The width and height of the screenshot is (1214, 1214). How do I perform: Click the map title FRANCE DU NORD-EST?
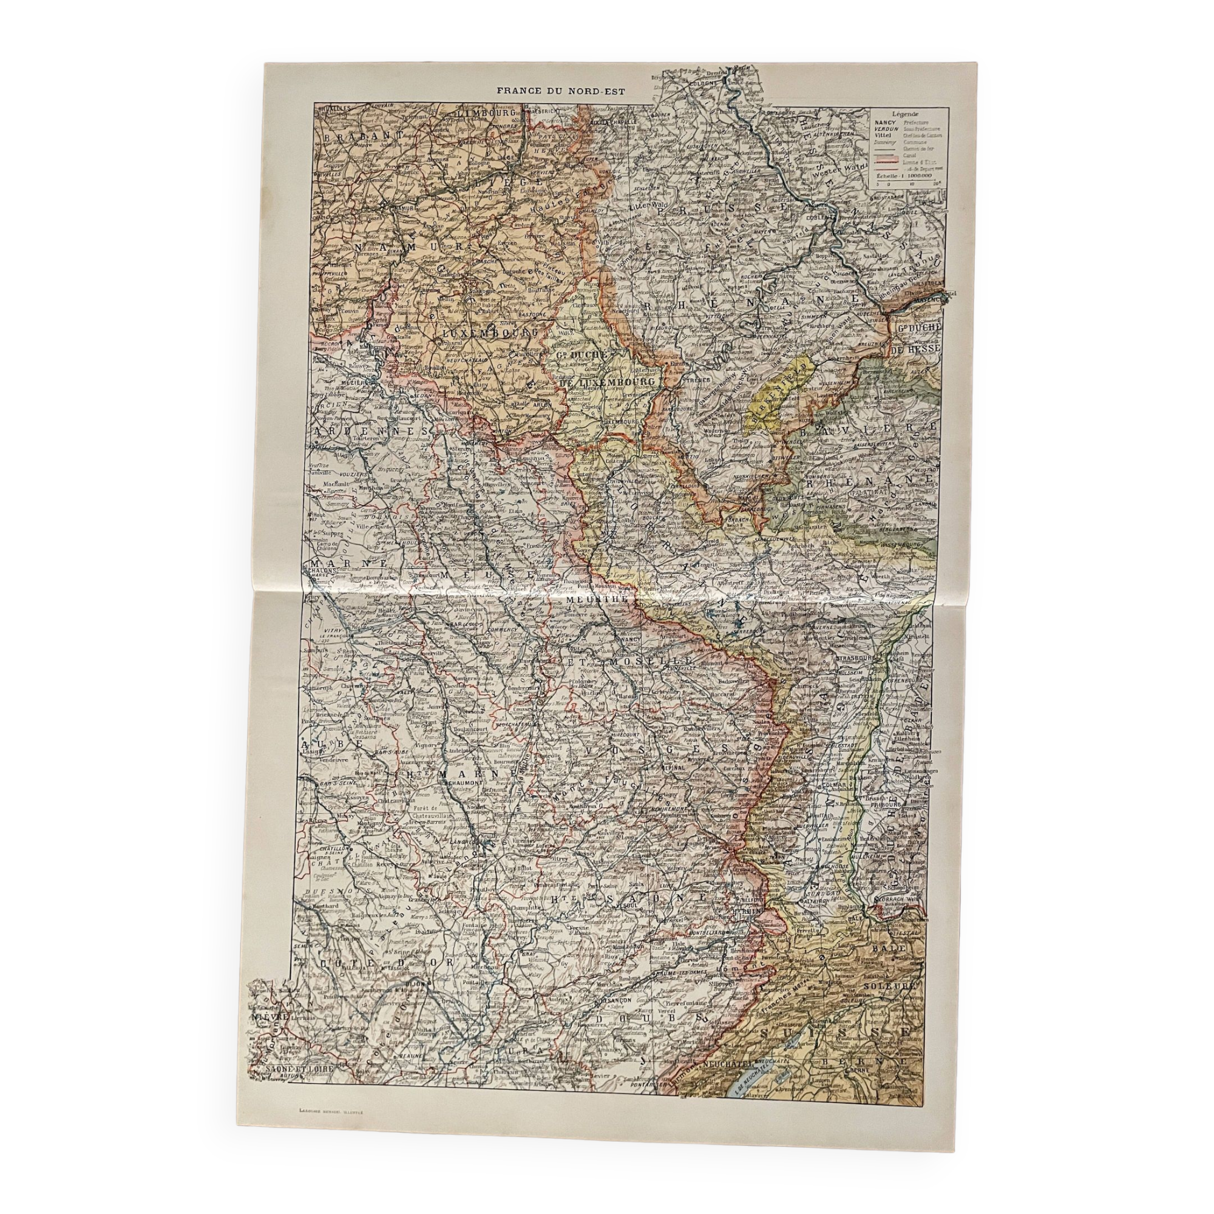pyautogui.click(x=561, y=90)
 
